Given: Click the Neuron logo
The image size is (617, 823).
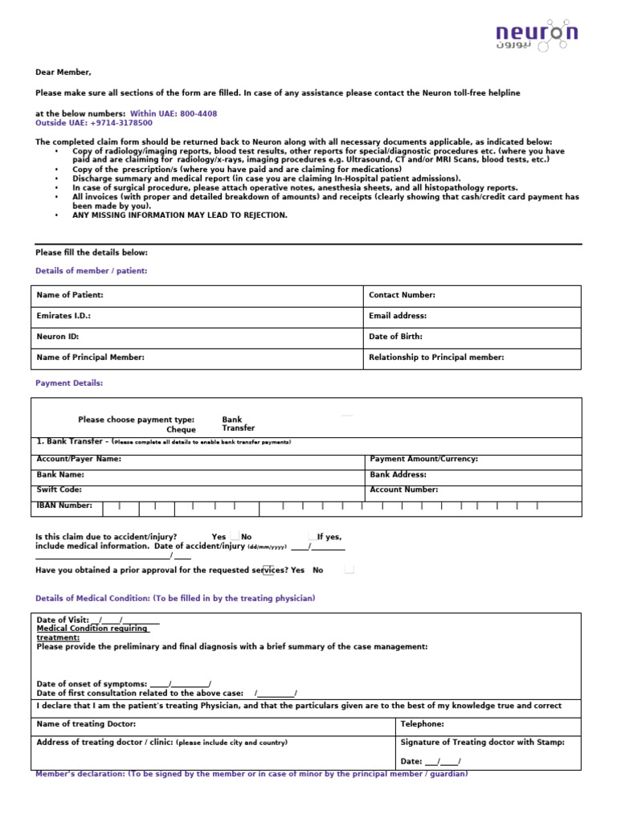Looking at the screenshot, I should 536,36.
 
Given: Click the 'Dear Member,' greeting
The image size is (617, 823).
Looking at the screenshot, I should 63,72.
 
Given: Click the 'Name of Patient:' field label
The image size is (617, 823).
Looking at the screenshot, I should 70,296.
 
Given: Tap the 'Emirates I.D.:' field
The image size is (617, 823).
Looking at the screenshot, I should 63,317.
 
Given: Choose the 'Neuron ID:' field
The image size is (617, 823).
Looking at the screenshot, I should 58,338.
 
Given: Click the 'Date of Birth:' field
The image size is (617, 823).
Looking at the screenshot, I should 395,338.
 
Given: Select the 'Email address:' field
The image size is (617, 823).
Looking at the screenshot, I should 398,317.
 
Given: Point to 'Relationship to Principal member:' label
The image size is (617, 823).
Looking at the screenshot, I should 436,358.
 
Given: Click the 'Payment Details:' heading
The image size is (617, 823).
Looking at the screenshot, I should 69,383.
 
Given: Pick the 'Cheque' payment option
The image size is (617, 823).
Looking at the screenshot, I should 181,430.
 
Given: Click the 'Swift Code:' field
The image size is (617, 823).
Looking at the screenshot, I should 59,489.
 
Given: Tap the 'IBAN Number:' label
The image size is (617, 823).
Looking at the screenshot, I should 65,506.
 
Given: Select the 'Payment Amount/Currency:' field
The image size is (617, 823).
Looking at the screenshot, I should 424,459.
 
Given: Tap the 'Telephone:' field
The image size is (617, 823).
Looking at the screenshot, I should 423,724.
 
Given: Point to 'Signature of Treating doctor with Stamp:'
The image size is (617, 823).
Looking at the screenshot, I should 483,743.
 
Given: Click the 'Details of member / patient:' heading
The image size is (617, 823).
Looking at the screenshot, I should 92,272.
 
